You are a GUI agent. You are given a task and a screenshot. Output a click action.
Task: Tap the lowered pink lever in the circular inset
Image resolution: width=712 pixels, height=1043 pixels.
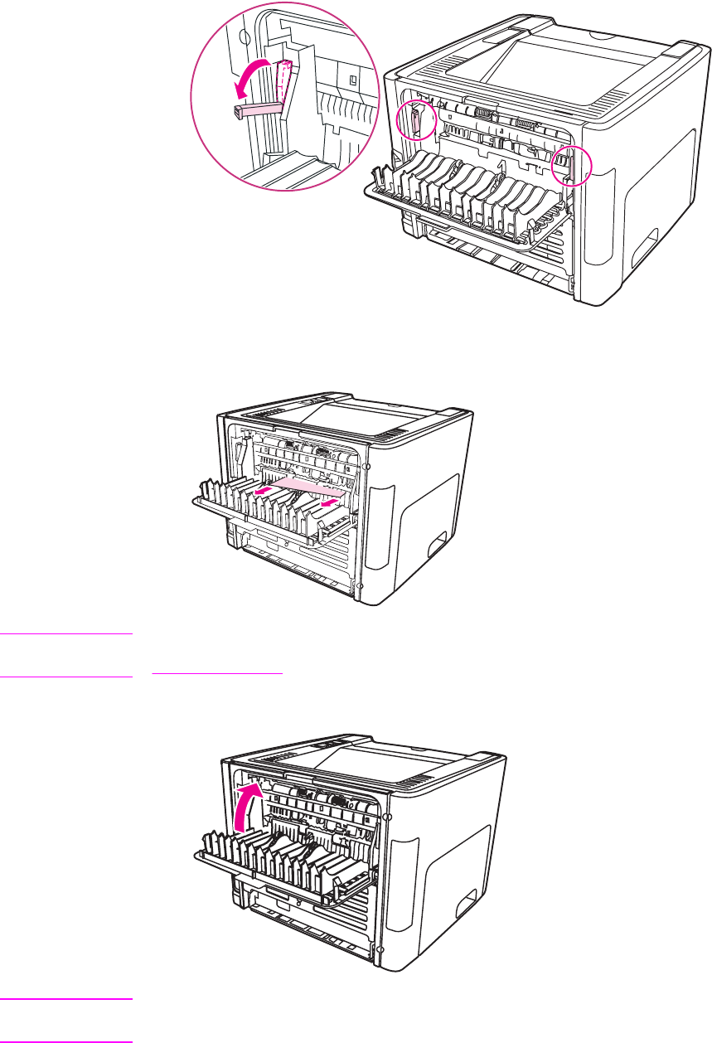tap(255, 108)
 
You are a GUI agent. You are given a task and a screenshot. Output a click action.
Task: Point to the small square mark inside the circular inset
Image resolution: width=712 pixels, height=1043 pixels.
tap(352, 80)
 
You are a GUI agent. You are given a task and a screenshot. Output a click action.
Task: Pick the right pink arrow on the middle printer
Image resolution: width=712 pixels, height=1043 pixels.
tap(330, 500)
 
